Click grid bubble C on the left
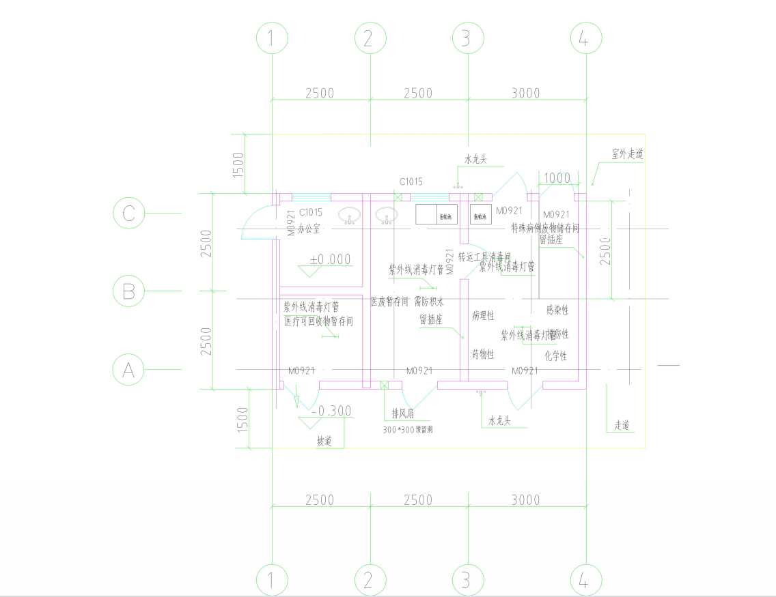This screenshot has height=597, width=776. (128, 214)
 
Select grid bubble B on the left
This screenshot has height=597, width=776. (128, 292)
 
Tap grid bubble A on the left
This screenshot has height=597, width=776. (128, 370)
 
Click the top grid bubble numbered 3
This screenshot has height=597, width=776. (466, 38)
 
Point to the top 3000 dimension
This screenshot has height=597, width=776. (525, 93)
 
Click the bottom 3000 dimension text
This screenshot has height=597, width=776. (525, 500)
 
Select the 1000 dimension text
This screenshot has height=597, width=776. (557, 178)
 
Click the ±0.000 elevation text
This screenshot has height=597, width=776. (330, 259)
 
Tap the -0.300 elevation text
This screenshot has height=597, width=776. (331, 411)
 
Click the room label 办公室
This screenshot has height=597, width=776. (309, 230)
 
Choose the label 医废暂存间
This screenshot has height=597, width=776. (389, 301)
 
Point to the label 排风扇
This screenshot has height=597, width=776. (402, 413)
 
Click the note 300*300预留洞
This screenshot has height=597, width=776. (408, 430)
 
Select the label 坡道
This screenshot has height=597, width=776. (324, 441)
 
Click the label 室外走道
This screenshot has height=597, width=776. (627, 154)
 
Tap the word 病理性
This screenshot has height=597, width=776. (482, 316)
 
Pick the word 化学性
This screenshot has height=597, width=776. (556, 355)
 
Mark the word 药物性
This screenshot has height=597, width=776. (482, 355)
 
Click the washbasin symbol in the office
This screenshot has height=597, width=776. (350, 216)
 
